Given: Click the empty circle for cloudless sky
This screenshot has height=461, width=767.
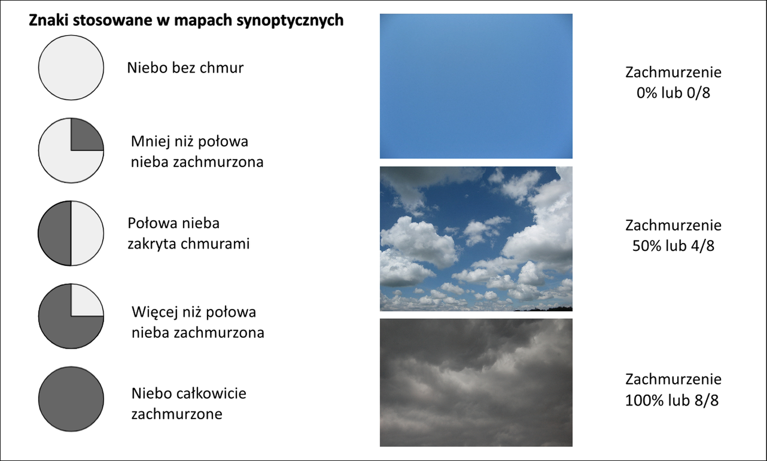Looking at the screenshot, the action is tap(71, 68).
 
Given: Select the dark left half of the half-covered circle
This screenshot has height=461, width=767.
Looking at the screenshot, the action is tap(55, 233).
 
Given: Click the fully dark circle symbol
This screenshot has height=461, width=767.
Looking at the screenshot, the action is tap(71, 399).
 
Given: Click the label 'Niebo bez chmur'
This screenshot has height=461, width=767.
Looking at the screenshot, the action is tap(185, 68).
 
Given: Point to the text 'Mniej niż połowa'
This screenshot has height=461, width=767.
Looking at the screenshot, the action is tap(189, 142).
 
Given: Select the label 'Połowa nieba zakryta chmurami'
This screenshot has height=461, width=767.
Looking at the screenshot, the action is tap(189, 234).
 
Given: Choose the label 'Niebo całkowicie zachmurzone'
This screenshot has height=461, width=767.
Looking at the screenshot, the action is tap(189, 403).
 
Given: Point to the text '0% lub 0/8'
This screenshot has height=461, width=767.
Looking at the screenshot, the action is tap(673, 93).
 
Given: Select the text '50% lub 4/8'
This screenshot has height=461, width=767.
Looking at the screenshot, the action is tap(673, 246).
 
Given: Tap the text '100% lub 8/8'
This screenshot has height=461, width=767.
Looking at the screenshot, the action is tap(672, 400).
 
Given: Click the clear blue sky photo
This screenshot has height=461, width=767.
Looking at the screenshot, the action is tap(476, 86).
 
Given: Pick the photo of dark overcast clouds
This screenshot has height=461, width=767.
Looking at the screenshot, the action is tap(476, 382).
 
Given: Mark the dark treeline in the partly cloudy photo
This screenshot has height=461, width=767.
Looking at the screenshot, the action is tap(545, 309).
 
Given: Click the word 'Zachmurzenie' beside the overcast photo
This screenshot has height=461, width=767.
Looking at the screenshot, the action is tap(673, 379).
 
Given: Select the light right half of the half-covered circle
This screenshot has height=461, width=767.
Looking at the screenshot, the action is tap(87, 233).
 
